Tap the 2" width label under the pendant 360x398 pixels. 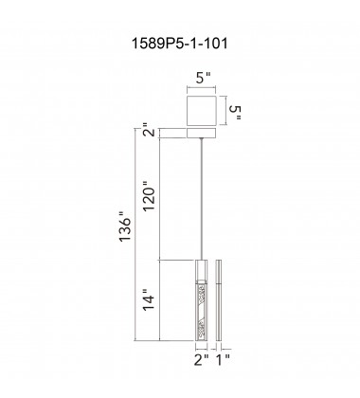click(x=198, y=359)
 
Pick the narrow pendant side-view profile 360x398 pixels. click(x=221, y=298)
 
